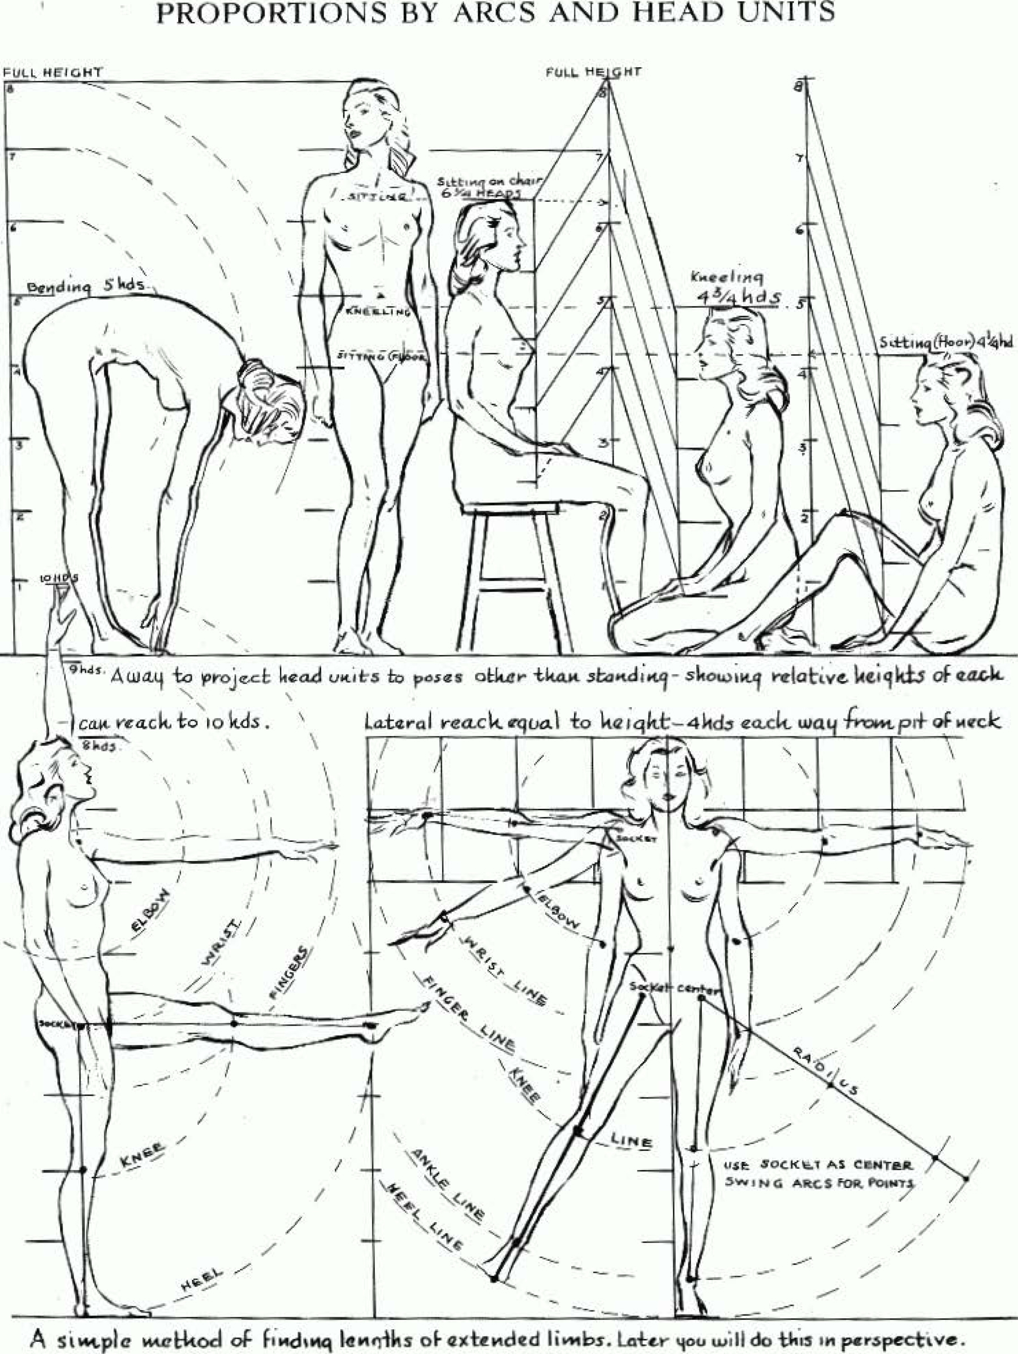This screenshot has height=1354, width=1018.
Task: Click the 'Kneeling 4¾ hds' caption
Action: (735, 288)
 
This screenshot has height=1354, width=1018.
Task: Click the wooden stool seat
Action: (511, 508)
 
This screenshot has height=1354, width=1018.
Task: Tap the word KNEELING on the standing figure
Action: (378, 312)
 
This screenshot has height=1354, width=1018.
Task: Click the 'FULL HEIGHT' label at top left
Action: (53, 72)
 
